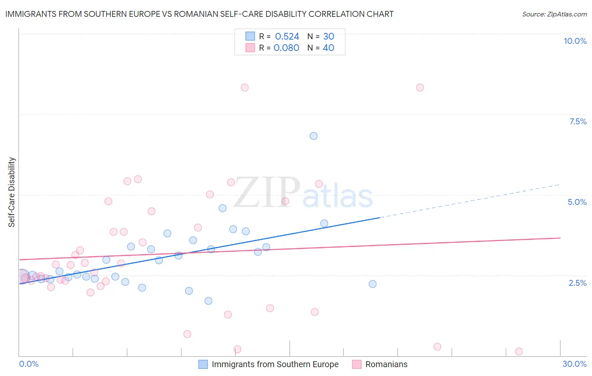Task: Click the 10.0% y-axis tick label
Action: click(x=575, y=41)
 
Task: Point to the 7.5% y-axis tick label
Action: click(x=578, y=121)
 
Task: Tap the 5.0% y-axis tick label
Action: click(x=577, y=202)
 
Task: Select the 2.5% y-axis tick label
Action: click(x=577, y=283)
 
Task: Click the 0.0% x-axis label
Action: click(x=29, y=364)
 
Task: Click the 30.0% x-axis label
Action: click(x=574, y=364)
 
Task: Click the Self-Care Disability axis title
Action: click(x=12, y=192)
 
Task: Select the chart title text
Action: click(x=199, y=14)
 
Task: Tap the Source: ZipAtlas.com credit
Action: click(x=554, y=14)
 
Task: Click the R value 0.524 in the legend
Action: click(x=287, y=37)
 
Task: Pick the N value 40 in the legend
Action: click(x=328, y=48)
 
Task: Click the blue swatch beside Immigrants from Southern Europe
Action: click(x=203, y=364)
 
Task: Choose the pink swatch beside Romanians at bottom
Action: click(x=357, y=364)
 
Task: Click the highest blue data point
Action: click(x=314, y=136)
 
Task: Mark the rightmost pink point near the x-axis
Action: click(x=519, y=352)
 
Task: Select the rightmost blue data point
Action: click(x=373, y=284)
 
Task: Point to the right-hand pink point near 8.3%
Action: click(x=420, y=88)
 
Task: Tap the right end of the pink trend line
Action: click(x=560, y=238)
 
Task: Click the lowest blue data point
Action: click(x=208, y=301)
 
